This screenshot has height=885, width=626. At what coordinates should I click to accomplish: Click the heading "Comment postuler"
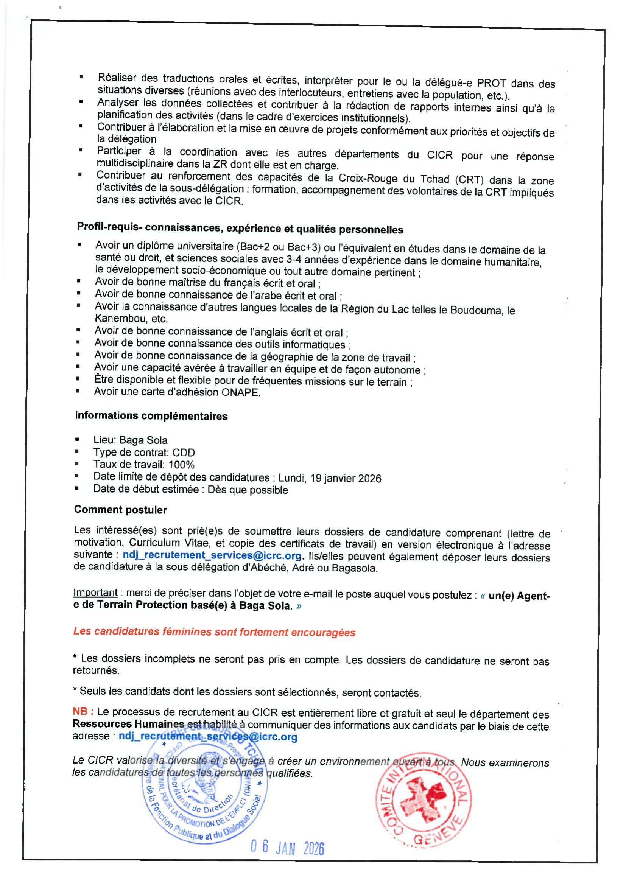coord(120,510)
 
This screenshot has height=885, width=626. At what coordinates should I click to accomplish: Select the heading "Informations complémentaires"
coord(151,416)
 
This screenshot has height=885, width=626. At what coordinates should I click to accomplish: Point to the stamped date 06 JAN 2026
coord(287,848)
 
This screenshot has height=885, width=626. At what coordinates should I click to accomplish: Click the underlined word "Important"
coord(95,593)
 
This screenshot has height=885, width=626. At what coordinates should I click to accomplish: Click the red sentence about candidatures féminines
coord(214,632)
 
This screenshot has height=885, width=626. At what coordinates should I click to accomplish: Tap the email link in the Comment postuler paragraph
coord(212,555)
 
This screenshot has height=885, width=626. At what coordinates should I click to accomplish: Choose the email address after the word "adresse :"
coord(208,737)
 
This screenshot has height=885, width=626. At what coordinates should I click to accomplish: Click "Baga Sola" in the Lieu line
coord(143,440)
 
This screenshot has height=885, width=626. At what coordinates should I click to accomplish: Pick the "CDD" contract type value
coord(184,453)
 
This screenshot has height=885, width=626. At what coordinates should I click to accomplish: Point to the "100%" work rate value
coord(181,465)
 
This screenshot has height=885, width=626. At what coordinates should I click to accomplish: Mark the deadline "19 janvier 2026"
coord(346,478)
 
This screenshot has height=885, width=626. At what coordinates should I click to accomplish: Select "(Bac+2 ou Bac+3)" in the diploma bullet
coord(278,247)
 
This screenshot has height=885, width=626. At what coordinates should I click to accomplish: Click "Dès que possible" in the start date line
coord(248,490)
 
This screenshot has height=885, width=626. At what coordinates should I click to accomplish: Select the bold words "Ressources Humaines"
coord(128,724)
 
